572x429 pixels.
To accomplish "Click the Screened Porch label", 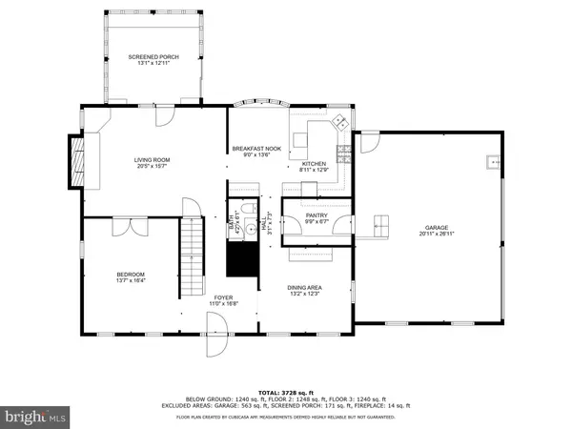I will (153, 60).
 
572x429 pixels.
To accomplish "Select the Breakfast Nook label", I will (256, 152).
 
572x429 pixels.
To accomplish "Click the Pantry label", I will (317, 219).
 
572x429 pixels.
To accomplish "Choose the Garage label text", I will (437, 230).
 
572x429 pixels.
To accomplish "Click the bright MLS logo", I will (35, 416).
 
